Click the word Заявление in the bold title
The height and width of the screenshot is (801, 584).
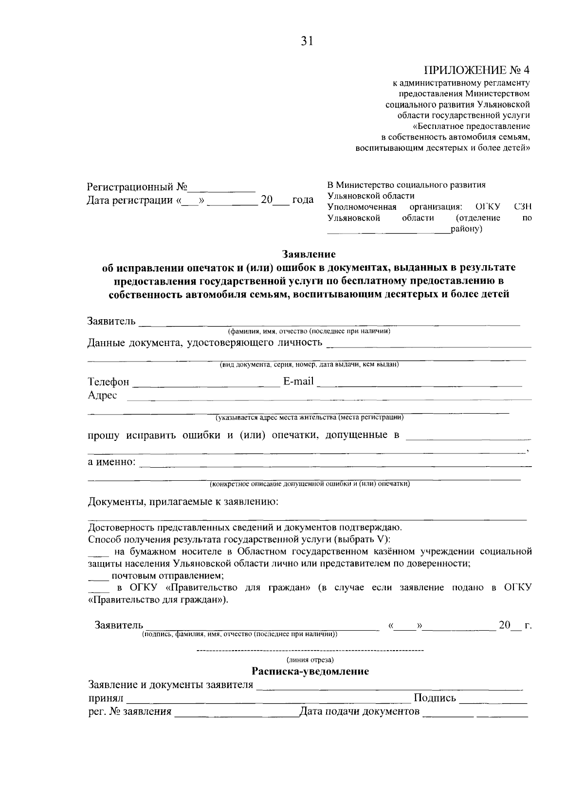pos(309,254)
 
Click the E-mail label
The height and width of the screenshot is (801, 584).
pos(298,381)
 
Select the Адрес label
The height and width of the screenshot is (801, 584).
pos(102,395)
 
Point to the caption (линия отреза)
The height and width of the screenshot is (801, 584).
pos(310,660)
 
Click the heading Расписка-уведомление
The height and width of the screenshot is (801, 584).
pos(310,672)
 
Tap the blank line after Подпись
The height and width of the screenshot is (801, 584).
pos(493,700)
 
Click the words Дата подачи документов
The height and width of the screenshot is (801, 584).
pos(359,712)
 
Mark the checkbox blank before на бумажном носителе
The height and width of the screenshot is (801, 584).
pos(99,553)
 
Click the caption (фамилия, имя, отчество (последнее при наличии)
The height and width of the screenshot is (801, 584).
pos(310,331)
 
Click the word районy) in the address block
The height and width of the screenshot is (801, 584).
pos(466,229)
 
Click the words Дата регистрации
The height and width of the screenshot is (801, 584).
pos(129,200)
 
